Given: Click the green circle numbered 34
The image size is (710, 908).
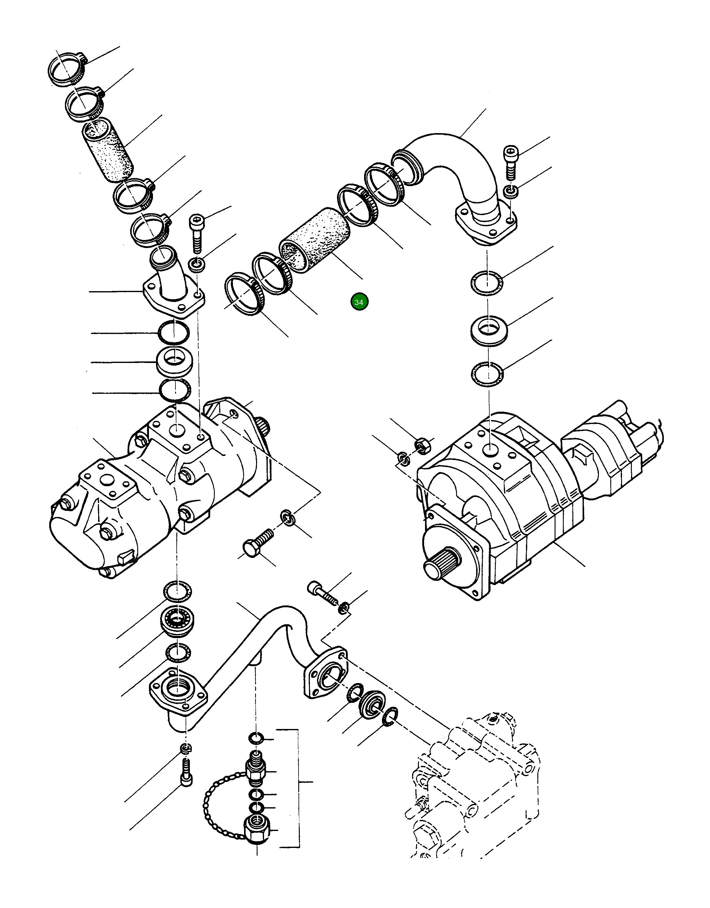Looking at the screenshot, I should click(x=359, y=302).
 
